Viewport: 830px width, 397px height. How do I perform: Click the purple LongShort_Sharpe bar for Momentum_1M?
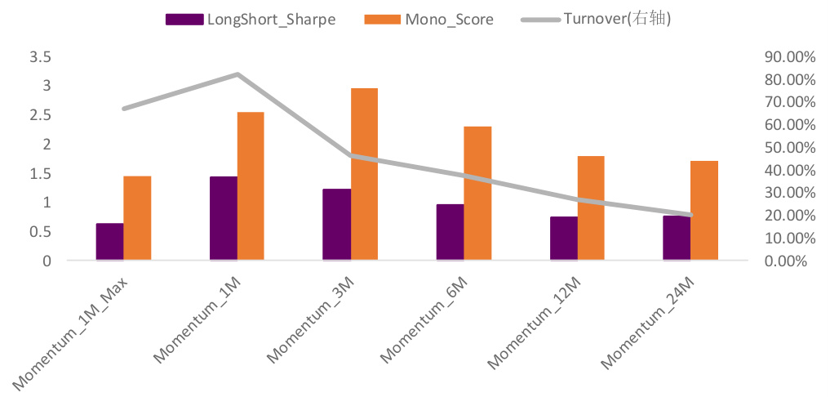[x=224, y=218]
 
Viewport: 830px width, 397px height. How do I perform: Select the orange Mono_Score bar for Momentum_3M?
[x=364, y=174]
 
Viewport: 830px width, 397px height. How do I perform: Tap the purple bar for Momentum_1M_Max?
[x=110, y=242]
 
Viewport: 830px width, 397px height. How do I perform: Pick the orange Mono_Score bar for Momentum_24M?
[x=704, y=211]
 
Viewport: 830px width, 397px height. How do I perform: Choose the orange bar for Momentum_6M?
[x=477, y=194]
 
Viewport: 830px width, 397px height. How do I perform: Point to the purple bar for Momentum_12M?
[x=564, y=239]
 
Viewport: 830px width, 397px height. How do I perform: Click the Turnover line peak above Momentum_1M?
[x=237, y=74]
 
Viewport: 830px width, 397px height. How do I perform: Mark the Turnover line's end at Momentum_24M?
[x=691, y=215]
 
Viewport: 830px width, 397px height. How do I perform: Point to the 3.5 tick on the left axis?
[x=39, y=56]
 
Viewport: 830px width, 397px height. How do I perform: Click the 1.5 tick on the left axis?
[x=39, y=173]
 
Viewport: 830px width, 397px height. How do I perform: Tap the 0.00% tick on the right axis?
[x=787, y=261]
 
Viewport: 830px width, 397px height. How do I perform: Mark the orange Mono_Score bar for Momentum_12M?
[x=591, y=207]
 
